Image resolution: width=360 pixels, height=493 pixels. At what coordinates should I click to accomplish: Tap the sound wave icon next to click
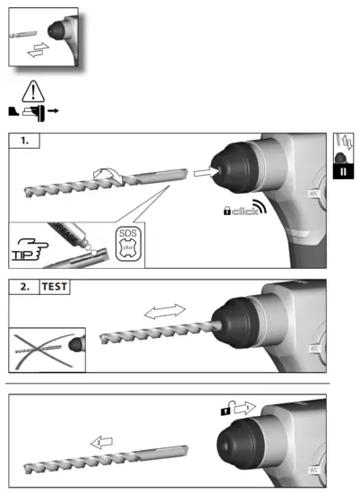point(260,208)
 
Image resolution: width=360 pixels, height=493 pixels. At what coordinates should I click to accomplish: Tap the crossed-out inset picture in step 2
point(45,350)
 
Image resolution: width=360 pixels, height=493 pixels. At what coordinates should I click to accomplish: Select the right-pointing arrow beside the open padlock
point(243,409)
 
